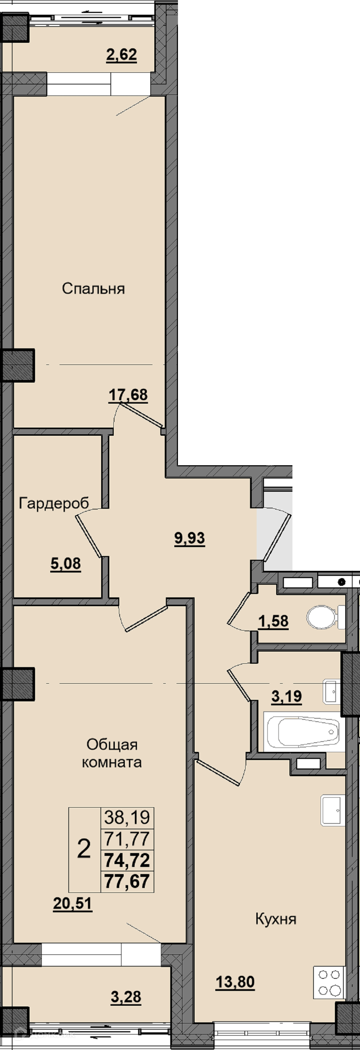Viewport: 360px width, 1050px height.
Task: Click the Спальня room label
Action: [x=93, y=289]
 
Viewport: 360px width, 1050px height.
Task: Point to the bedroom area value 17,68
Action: [x=128, y=395]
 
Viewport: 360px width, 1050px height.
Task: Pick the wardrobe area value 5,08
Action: [x=66, y=564]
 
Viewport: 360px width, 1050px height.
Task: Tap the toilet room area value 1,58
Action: [x=274, y=621]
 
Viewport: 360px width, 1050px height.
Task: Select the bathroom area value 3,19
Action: [x=287, y=697]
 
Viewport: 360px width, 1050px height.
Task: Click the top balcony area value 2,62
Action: [x=121, y=55]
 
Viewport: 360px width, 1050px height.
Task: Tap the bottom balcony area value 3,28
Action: [x=126, y=997]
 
